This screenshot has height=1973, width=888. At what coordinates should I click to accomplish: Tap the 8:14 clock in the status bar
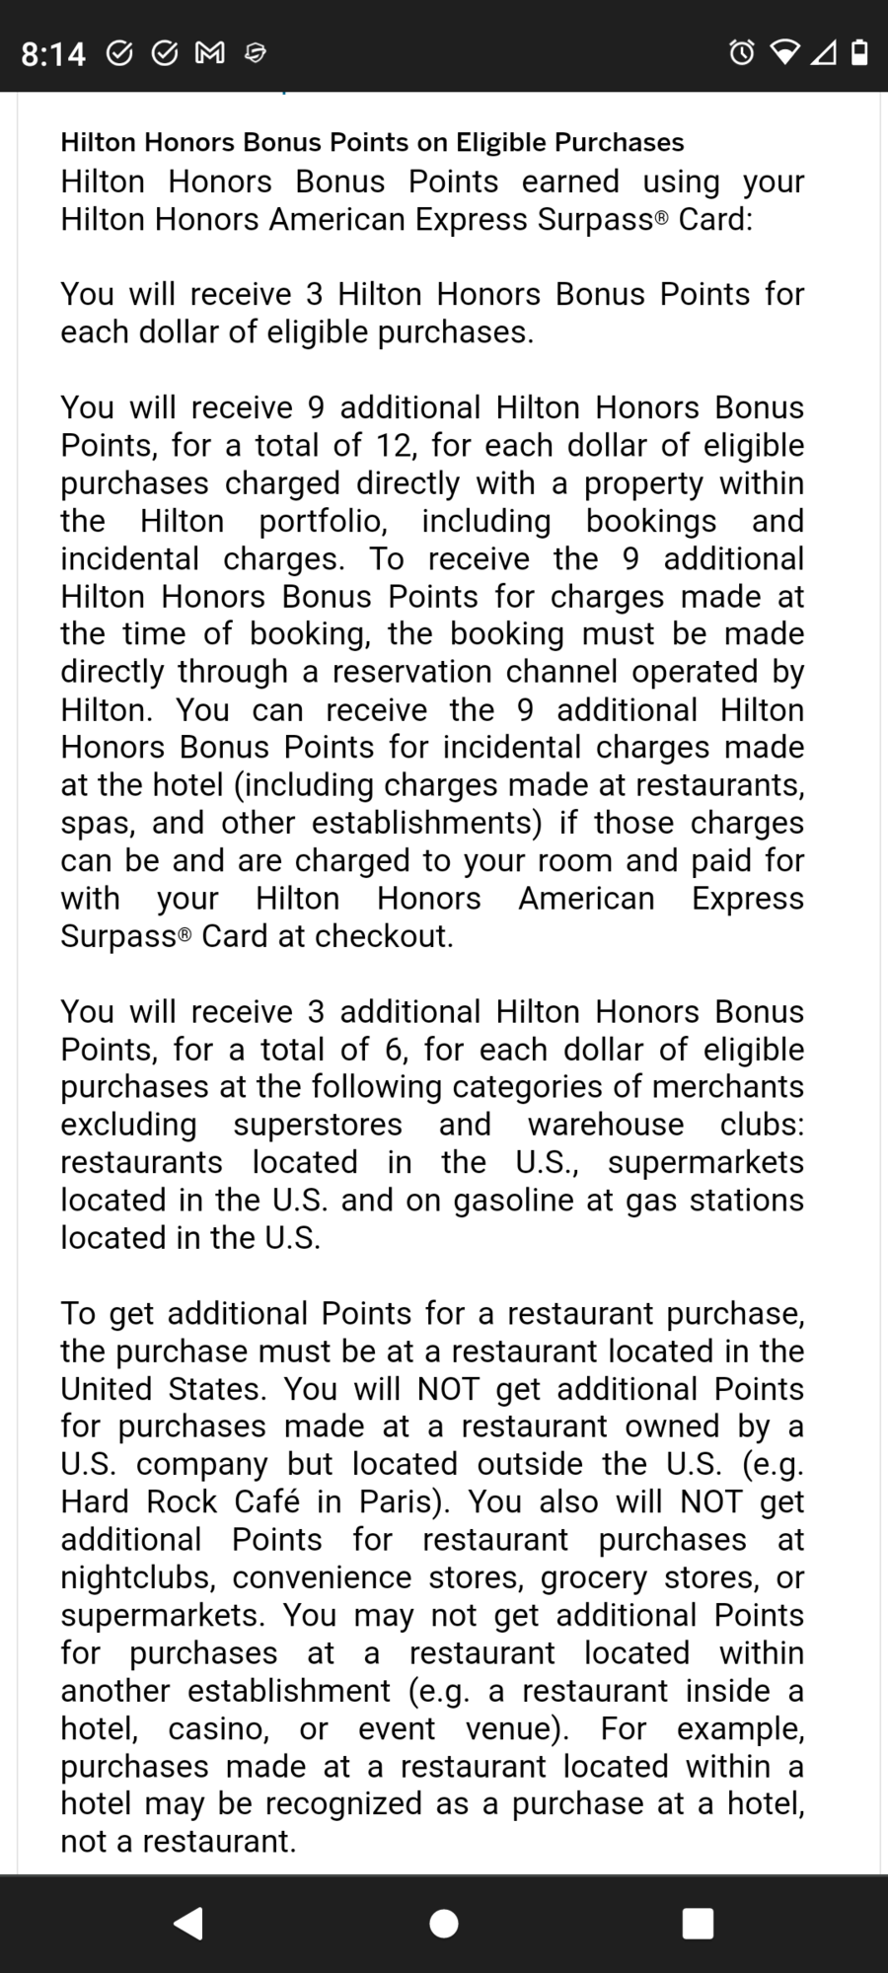53,52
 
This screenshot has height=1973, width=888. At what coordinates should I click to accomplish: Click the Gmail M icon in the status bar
209,52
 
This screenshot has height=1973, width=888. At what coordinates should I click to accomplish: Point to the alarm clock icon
742,52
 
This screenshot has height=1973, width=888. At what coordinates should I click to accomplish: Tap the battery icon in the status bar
859,52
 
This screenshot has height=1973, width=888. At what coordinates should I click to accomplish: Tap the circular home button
444,1923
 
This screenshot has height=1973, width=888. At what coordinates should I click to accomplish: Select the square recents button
698,1923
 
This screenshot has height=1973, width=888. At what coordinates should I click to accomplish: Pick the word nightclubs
138,1577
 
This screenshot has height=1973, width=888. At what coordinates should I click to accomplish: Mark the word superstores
318,1125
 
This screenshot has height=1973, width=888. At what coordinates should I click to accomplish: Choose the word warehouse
606,1125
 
